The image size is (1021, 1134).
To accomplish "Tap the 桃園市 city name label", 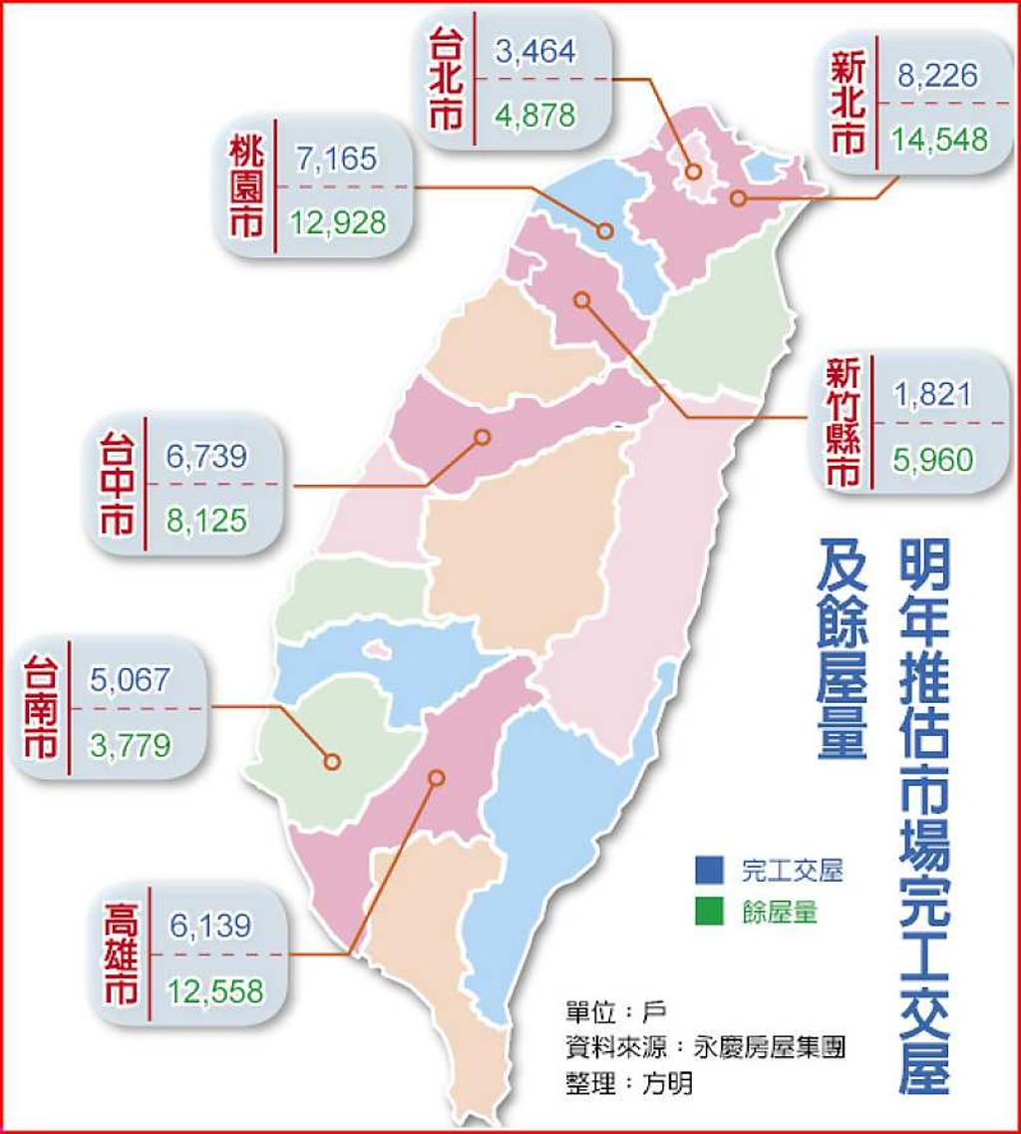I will pos(245,189).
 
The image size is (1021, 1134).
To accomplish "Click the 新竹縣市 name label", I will pos(844,423).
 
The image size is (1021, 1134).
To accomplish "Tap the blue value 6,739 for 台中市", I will pos(206,457).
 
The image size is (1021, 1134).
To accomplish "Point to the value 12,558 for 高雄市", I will pos(216,991).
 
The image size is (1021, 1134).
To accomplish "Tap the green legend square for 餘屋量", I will pos(710,911).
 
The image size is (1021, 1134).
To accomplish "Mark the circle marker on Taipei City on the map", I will pos(692,173).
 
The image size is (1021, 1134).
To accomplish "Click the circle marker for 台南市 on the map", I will pos(332,762).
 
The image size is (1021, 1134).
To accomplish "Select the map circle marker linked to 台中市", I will pos(483,437).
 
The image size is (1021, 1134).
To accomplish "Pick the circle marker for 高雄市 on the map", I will pos(436,778).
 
